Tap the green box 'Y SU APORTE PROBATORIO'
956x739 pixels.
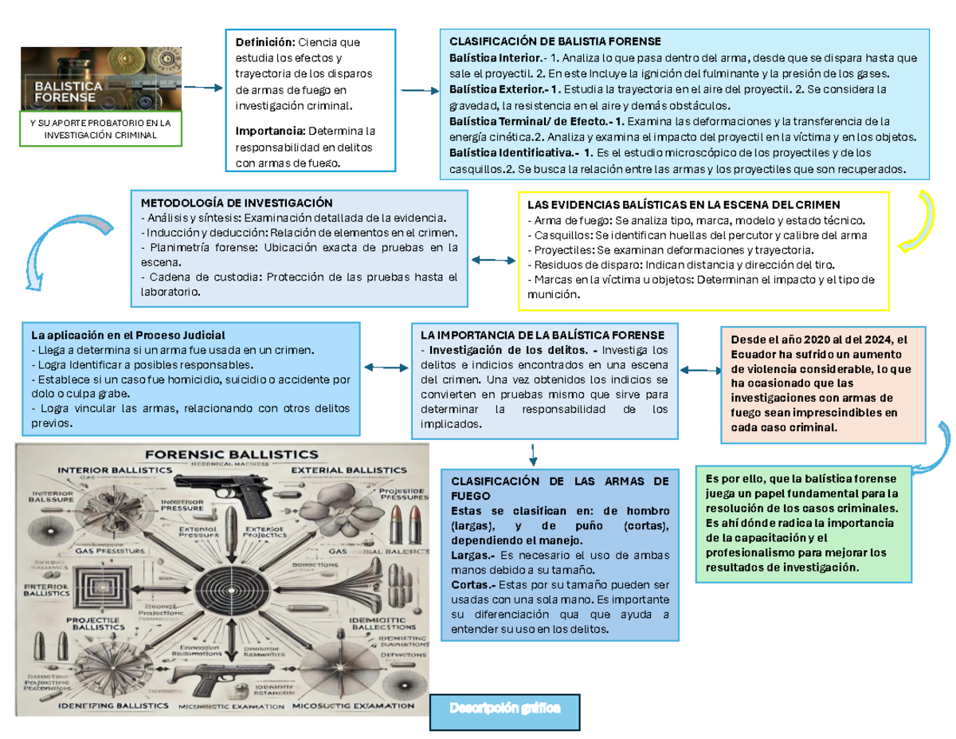click(x=101, y=129)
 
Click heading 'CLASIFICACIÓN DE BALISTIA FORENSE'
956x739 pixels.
click(x=554, y=41)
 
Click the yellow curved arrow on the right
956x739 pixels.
click(x=922, y=219)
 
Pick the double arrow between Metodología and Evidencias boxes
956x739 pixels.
click(x=494, y=260)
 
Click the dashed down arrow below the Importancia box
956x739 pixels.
click(x=531, y=454)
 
